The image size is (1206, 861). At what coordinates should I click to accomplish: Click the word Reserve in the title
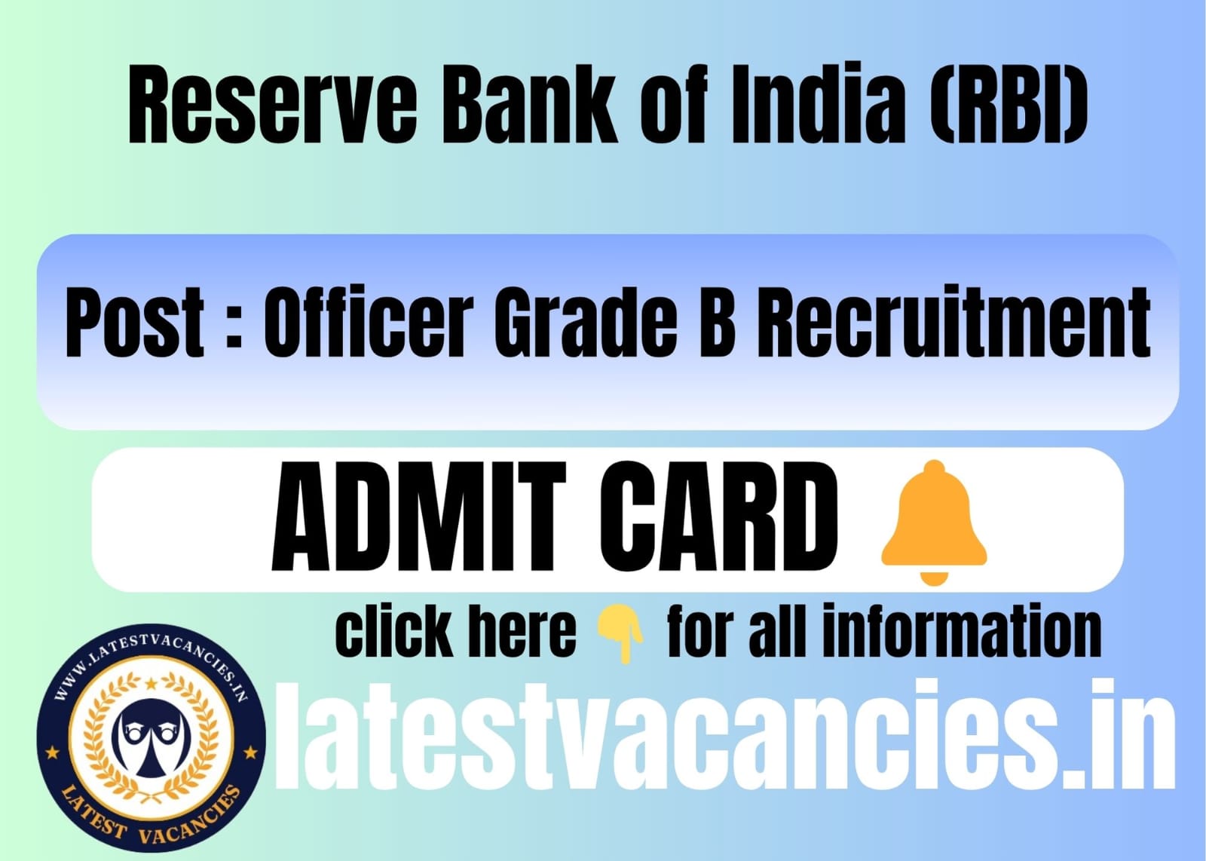tap(273, 105)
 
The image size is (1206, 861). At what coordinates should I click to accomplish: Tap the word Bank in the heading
tap(530, 105)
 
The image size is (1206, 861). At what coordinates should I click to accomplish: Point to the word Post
tap(135, 323)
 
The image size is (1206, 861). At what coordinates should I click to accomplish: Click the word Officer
tap(369, 323)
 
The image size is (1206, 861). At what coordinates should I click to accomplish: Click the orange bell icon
tap(934, 522)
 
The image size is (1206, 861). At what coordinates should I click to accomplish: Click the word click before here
tap(395, 630)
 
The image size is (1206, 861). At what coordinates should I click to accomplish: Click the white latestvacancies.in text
tap(724, 736)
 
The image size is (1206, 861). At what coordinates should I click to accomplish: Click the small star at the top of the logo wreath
tap(152, 684)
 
